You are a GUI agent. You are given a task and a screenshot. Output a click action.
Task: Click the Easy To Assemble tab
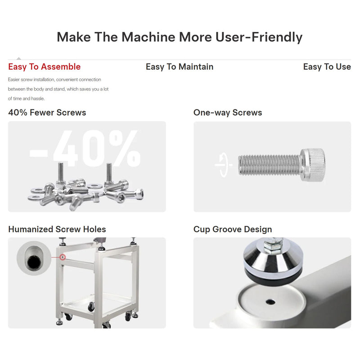44,67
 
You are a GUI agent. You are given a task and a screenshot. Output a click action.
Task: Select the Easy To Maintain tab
180,67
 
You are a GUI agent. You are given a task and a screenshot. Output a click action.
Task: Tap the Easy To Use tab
327,67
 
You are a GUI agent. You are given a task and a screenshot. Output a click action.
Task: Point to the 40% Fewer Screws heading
47,112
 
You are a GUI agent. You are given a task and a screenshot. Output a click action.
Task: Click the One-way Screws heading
228,112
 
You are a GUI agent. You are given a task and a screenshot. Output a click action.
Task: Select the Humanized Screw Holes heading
57,229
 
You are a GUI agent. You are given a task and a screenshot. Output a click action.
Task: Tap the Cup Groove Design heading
233,229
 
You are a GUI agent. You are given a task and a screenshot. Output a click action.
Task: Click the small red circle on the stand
63,257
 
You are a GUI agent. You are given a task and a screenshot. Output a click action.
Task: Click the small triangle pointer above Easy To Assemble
18,58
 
